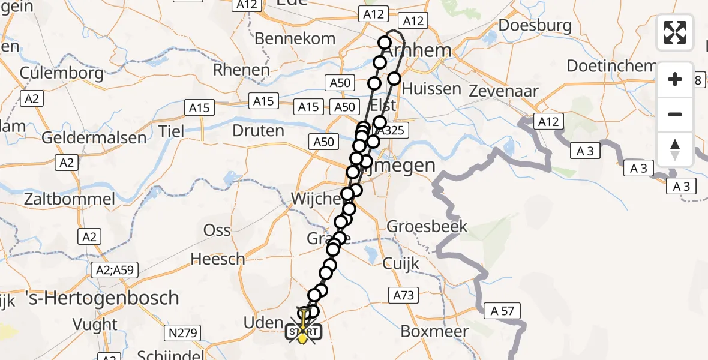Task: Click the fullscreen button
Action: coord(675,32)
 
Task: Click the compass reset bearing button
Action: coord(675,149)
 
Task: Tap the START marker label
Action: coord(304,332)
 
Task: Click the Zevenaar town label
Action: coord(504,91)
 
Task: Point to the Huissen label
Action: coord(431,89)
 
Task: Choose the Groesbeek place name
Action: coord(427,227)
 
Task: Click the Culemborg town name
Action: coord(62,73)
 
